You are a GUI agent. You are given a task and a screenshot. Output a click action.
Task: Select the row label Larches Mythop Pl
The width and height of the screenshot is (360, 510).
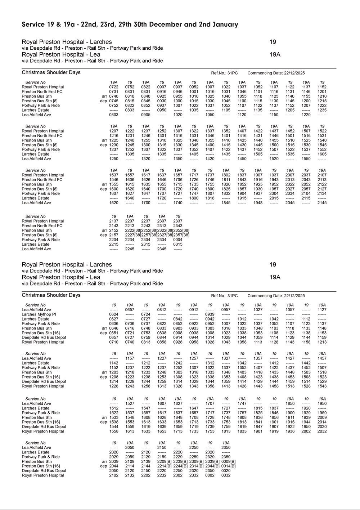click(39, 314)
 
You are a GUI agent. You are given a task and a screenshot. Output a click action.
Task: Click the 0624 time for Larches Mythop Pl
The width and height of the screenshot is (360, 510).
click(114, 314)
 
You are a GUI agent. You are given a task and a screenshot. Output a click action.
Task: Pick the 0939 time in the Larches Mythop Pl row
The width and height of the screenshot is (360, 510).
click(210, 314)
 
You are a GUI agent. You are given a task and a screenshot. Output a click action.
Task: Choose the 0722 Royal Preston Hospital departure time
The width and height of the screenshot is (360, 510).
click(114, 87)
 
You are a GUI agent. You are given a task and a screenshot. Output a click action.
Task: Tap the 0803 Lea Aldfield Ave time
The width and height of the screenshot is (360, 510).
click(114, 115)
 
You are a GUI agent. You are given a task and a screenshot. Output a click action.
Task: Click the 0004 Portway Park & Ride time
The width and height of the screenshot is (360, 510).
click(178, 240)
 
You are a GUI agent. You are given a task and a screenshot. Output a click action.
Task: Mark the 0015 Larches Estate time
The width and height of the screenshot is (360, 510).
click(178, 245)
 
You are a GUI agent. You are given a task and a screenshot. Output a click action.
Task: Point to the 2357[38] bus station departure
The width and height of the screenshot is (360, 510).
click(181, 235)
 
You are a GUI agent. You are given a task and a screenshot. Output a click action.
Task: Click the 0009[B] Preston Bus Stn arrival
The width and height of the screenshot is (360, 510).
click(228, 462)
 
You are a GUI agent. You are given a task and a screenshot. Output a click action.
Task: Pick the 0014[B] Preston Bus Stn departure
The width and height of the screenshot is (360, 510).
click(228, 466)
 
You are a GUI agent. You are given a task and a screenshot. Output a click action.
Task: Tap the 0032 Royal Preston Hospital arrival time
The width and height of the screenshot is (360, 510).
click(226, 475)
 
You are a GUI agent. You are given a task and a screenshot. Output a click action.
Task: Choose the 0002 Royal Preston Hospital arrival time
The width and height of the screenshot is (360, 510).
click(210, 475)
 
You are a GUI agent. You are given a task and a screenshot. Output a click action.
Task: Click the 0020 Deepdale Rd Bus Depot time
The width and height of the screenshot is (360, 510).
click(226, 471)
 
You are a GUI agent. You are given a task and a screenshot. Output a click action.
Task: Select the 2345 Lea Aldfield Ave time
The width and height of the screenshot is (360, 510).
click(162, 249)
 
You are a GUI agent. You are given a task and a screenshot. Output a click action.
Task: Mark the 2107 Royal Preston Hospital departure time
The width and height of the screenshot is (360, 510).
click(322, 175)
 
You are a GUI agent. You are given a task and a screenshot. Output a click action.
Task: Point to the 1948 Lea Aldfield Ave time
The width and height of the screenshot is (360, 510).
click(258, 203)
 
